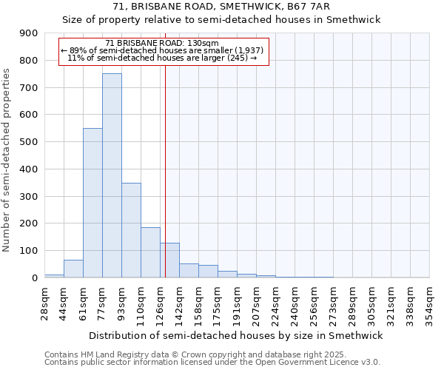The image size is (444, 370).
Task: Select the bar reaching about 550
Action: pyautogui.click(x=92, y=203)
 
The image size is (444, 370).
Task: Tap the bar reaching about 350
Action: pyautogui.click(x=131, y=230)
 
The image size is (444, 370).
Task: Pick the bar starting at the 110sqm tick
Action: pyautogui.click(x=150, y=252)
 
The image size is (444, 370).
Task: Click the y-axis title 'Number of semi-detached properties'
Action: pyautogui.click(x=7, y=159)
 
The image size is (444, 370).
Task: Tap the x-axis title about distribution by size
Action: pyautogui.click(x=237, y=335)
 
